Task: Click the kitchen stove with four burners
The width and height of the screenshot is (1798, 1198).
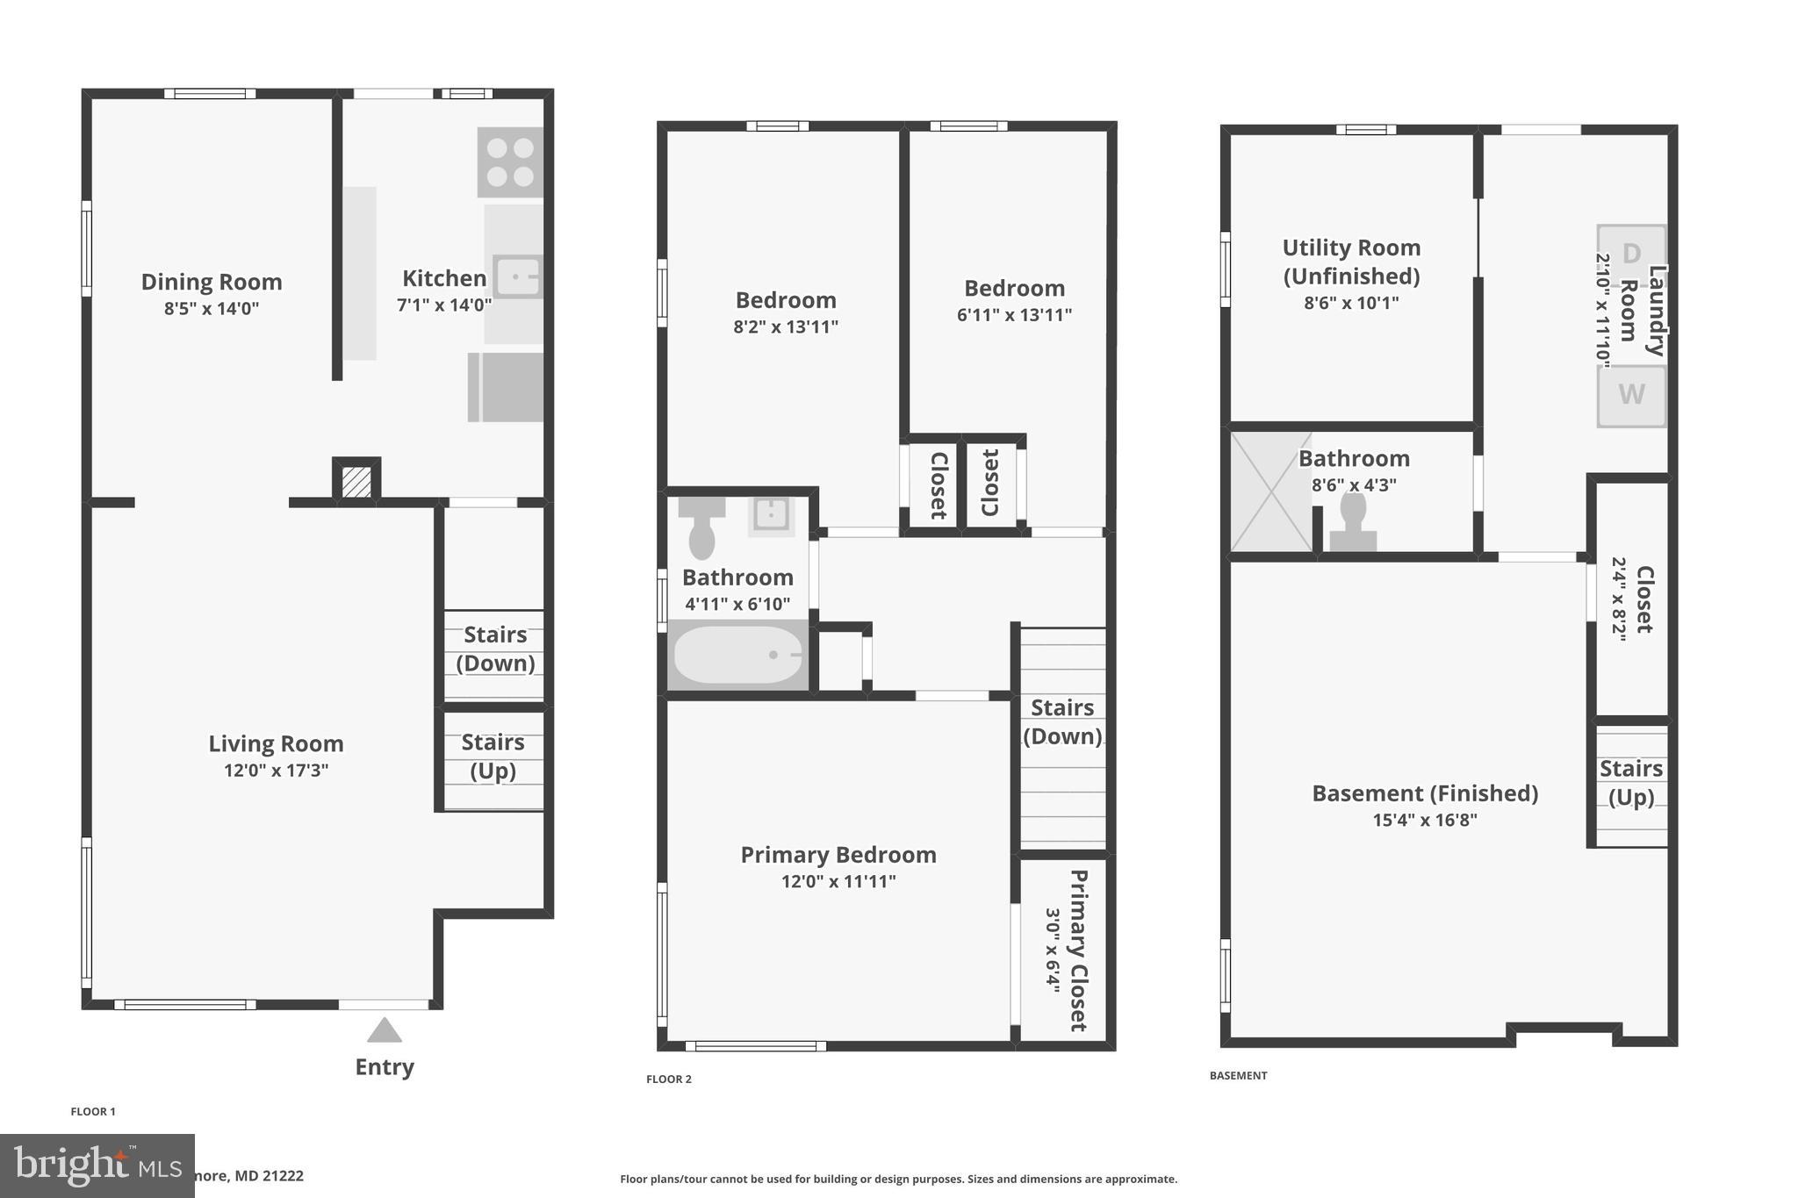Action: pyautogui.click(x=510, y=162)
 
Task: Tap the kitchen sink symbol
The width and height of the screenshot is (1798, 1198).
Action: pyautogui.click(x=518, y=277)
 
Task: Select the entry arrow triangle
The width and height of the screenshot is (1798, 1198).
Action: pyautogui.click(x=384, y=1030)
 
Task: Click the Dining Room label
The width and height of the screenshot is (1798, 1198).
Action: pyautogui.click(x=212, y=282)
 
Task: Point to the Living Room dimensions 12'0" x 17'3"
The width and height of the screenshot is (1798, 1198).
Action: pyautogui.click(x=276, y=771)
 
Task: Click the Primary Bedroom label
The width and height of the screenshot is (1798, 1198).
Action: pyautogui.click(x=838, y=855)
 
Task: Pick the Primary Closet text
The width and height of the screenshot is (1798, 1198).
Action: pyautogui.click(x=1078, y=950)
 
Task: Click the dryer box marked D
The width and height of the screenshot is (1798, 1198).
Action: pyautogui.click(x=1630, y=255)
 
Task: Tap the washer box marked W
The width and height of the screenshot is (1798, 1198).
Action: pyautogui.click(x=1630, y=395)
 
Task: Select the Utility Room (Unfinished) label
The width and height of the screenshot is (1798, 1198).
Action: pyautogui.click(x=1351, y=262)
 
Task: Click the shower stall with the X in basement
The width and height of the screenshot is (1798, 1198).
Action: pyautogui.click(x=1270, y=492)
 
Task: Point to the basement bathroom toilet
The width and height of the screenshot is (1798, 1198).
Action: pyautogui.click(x=1353, y=522)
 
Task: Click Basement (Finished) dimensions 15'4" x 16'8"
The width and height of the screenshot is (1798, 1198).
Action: pyautogui.click(x=1425, y=820)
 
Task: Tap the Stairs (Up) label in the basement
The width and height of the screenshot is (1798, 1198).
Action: pyautogui.click(x=1630, y=782)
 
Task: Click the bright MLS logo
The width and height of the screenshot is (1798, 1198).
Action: pyautogui.click(x=97, y=1166)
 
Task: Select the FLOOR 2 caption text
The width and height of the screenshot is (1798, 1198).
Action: pyautogui.click(x=669, y=1079)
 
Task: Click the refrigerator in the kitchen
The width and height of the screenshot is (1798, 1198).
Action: pyautogui.click(x=506, y=387)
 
